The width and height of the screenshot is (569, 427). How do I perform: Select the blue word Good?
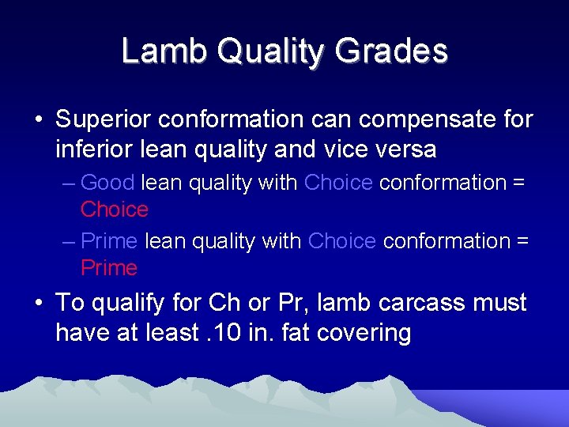(107, 183)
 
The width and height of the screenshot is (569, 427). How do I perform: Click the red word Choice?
(115, 210)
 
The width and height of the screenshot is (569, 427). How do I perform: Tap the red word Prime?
(109, 268)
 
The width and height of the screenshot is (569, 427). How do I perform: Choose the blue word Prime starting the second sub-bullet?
(109, 241)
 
